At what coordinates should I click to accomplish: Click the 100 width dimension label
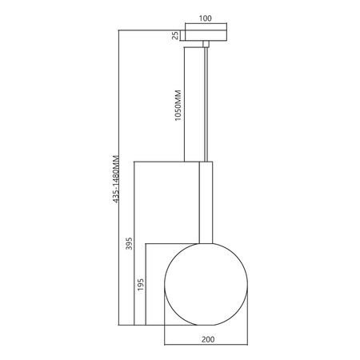pos(206,17)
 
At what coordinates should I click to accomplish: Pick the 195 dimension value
pos(141,286)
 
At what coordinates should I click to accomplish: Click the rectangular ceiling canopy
pos(206,34)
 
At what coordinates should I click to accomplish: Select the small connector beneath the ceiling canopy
pos(206,42)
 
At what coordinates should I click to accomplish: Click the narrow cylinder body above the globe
pos(206,200)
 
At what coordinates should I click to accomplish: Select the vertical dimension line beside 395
pos(133,243)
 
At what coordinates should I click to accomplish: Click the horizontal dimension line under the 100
pos(206,24)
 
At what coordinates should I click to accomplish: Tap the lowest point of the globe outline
pos(206,326)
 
